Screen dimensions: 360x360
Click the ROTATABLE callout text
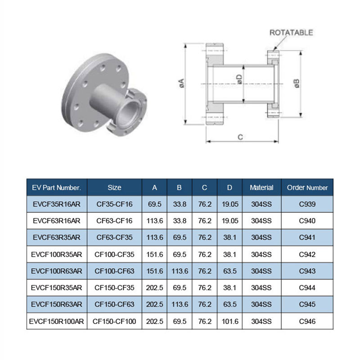[x=291, y=32]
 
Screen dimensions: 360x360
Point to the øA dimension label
[x=182, y=83]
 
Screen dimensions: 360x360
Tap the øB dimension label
[x=297, y=83]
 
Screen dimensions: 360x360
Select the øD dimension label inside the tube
[x=239, y=80]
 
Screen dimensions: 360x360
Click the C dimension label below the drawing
[x=240, y=137]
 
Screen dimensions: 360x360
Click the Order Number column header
[x=307, y=188]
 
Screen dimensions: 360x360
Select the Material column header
[x=261, y=188]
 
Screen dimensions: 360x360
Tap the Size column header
[x=114, y=188]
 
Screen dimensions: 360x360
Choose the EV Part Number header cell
[x=57, y=188]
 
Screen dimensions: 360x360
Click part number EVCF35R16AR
[x=57, y=204]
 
